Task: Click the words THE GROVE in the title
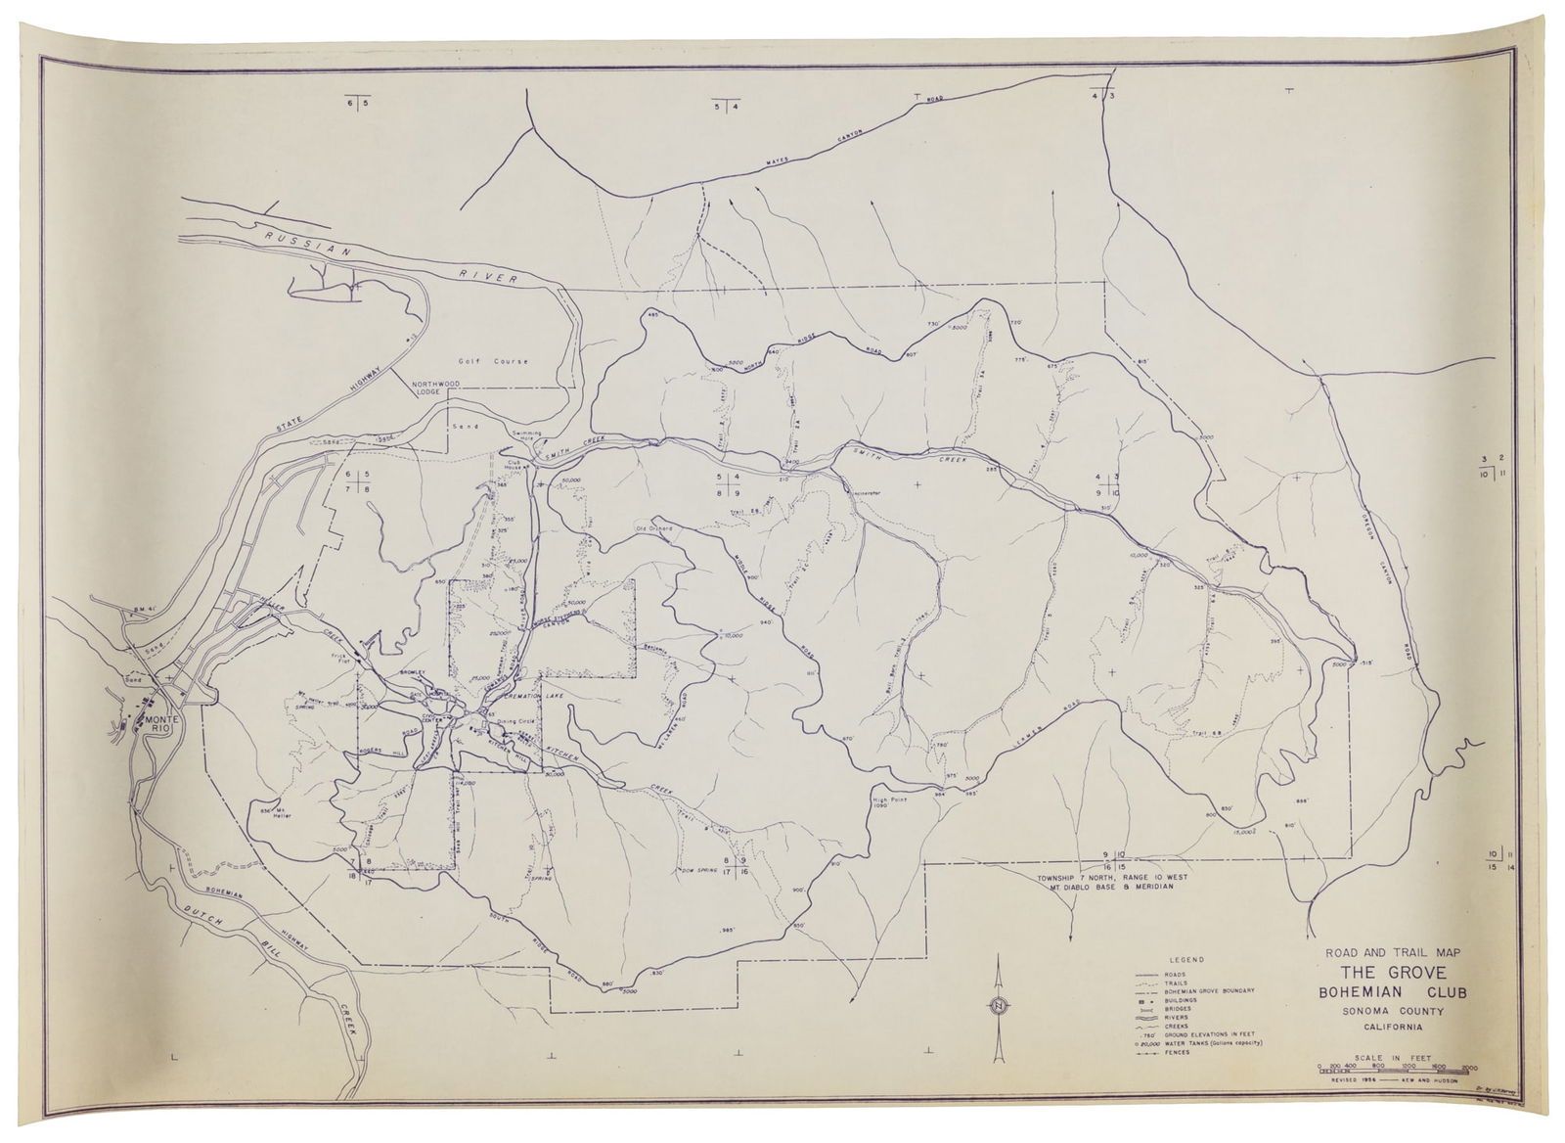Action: tap(1389, 973)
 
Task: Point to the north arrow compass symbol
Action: tap(998, 1008)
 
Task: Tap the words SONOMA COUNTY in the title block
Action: tap(1389, 1011)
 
